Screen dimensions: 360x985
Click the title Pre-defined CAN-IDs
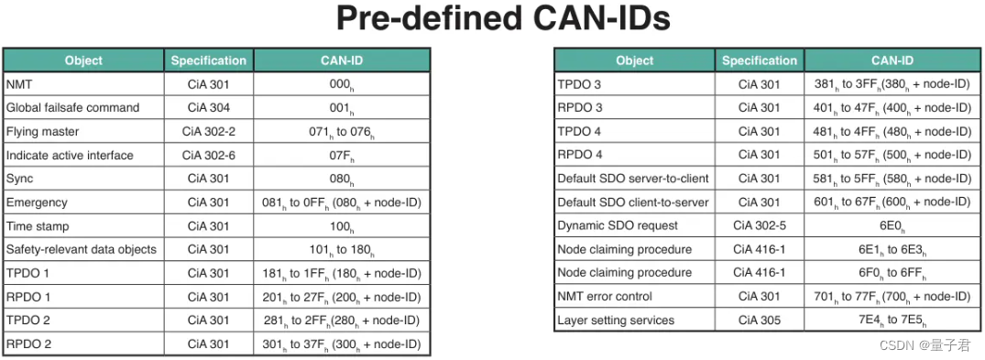pos(503,19)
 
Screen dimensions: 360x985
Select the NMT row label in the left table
pos(19,84)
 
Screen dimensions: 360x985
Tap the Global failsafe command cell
pos(72,108)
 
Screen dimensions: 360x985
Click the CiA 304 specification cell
pos(208,108)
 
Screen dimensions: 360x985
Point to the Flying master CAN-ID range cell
pos(341,132)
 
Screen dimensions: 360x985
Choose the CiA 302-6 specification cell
pos(208,156)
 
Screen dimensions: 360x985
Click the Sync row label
pos(19,179)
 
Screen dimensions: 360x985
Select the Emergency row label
pos(37,202)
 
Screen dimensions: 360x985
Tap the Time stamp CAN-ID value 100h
pos(341,226)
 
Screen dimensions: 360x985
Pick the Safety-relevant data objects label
pos(81,249)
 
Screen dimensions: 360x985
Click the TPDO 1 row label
pos(28,273)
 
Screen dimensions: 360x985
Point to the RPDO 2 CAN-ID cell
pos(341,344)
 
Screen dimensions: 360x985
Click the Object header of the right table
pos(634,60)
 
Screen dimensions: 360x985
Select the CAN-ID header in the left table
pos(341,60)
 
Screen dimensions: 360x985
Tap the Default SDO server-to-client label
pos(633,178)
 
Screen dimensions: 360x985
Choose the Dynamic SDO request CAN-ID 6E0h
pos(892,225)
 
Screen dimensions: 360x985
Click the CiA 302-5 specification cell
pos(760,225)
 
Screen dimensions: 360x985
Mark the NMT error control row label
pos(605,297)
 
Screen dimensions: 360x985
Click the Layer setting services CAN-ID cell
pos(892,321)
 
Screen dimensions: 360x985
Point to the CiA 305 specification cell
pos(760,321)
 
